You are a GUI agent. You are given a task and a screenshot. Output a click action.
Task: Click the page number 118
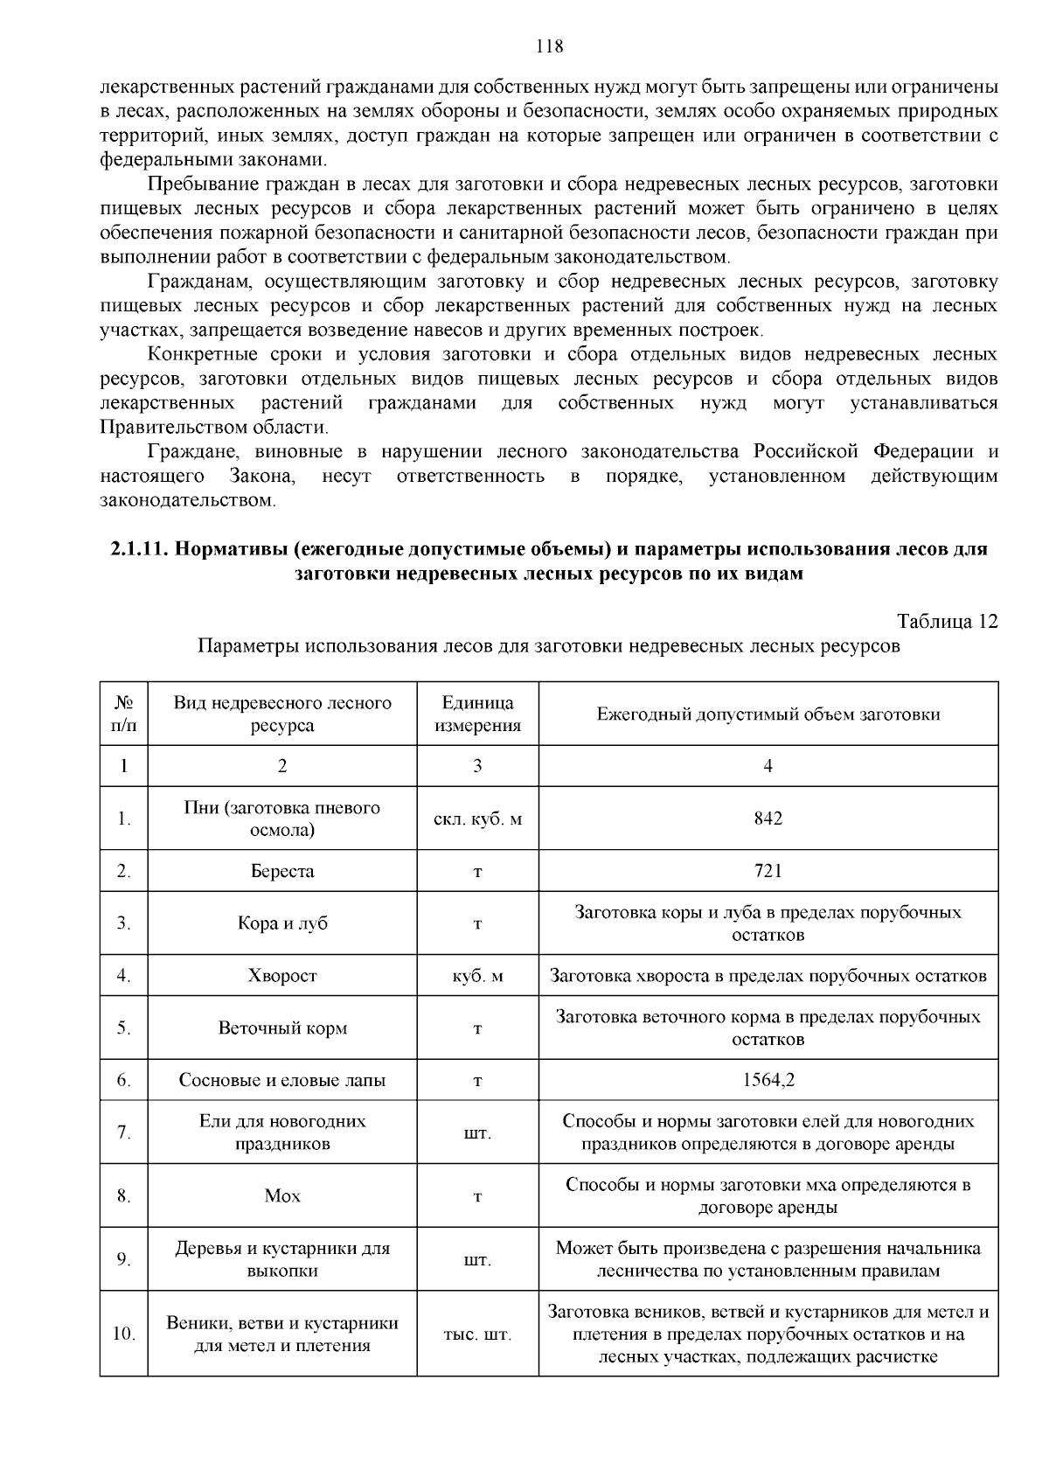(549, 47)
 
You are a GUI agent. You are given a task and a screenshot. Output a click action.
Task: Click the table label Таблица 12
(947, 622)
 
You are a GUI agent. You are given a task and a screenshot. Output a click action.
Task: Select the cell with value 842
(768, 819)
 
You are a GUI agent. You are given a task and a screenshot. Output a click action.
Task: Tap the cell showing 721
(768, 871)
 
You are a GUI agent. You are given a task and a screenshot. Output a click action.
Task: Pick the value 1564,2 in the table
(768, 1080)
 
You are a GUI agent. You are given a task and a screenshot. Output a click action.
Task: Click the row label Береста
(281, 871)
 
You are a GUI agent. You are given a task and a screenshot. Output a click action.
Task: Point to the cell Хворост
(281, 976)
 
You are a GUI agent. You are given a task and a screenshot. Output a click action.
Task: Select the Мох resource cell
(281, 1195)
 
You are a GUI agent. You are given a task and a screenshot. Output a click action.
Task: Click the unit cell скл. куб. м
(477, 819)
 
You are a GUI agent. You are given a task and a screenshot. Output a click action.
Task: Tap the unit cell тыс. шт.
(477, 1334)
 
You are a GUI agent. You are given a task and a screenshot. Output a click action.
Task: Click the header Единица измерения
(477, 714)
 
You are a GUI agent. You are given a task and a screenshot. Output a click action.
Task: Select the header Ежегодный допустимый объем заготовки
(768, 714)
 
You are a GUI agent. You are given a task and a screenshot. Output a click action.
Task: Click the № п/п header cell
(123, 714)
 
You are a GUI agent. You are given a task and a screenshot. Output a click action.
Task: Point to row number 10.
(123, 1334)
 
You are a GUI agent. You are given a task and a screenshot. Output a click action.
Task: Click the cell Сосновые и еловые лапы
(281, 1080)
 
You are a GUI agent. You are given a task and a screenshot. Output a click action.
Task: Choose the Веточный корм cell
(281, 1028)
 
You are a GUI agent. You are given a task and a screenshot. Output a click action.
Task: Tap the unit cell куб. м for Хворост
(477, 976)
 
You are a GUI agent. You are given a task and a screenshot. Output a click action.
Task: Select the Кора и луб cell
(281, 923)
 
